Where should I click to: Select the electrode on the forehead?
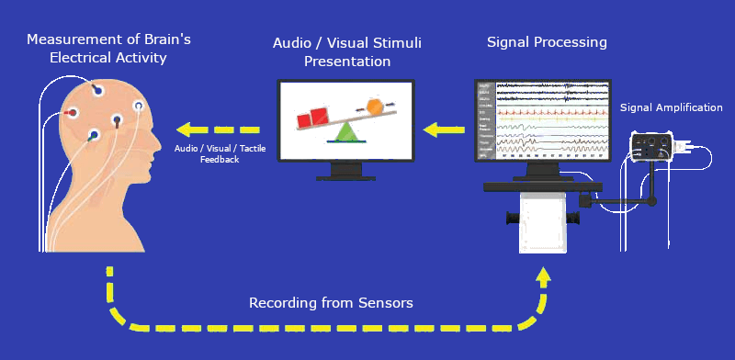tap(139, 107)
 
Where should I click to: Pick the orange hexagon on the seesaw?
tap(375, 106)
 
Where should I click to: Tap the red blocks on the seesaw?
tap(312, 118)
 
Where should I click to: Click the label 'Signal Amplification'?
tap(671, 107)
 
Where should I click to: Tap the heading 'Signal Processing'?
tap(547, 42)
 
